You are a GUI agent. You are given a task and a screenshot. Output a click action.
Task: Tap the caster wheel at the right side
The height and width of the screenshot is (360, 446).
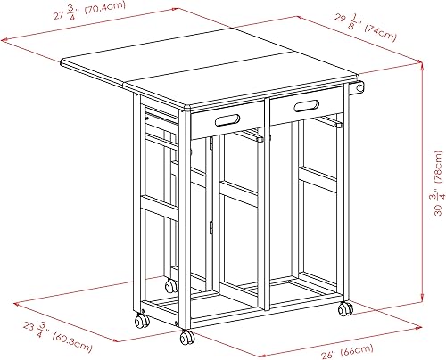click(x=344, y=309)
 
